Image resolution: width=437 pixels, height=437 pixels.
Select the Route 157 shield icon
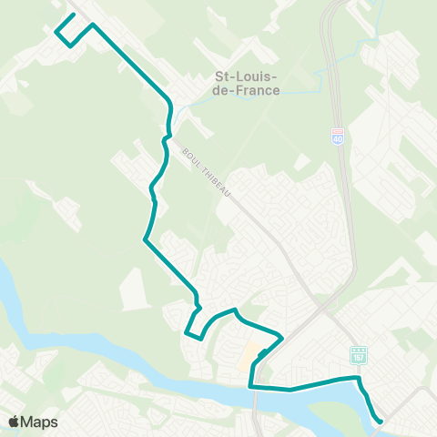coord(358,353)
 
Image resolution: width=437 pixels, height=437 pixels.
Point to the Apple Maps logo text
coord(33,422)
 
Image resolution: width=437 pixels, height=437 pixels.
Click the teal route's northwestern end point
coord(74,15)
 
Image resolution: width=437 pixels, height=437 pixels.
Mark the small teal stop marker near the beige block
coord(262,352)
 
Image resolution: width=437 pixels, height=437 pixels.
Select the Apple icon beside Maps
coord(14,422)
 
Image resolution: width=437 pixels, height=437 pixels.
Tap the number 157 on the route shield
coord(358,354)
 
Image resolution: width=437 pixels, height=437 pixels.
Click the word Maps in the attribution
coord(39,422)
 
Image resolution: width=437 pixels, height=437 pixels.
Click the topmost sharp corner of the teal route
coord(92,24)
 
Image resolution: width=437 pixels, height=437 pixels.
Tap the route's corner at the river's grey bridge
coord(250,387)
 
